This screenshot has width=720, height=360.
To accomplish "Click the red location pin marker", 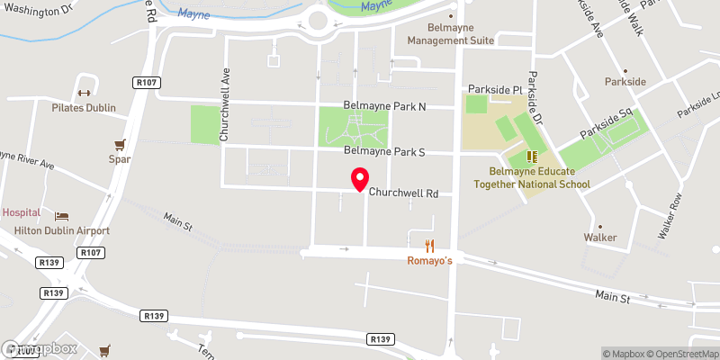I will click(x=360, y=180).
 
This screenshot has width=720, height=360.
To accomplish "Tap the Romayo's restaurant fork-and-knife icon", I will click(x=430, y=245).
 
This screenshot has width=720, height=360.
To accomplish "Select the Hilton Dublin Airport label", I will click(x=61, y=230).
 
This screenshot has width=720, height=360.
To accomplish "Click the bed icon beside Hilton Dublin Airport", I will click(x=61, y=216).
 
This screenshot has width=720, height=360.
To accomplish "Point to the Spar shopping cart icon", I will click(x=118, y=144).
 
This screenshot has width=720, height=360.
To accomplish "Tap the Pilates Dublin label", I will click(x=84, y=107).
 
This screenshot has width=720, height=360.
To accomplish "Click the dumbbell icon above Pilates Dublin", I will click(x=84, y=93).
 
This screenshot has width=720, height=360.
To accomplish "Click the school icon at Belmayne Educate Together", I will click(x=531, y=156).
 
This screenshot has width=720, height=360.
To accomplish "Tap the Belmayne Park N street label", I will click(x=384, y=106).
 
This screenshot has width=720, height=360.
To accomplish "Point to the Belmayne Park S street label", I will click(x=384, y=152).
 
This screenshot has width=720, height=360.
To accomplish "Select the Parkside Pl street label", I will click(x=493, y=90).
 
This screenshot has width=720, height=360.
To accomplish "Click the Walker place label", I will click(x=599, y=238).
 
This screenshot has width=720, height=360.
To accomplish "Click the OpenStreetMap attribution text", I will click(x=679, y=353).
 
